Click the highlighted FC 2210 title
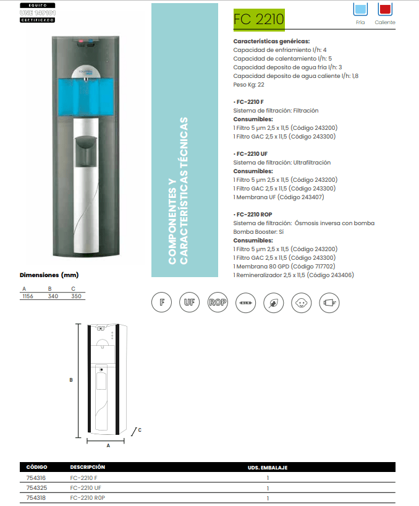(258, 20)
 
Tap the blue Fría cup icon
(360, 9)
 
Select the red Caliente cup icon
(385, 9)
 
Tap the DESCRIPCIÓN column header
(87, 467)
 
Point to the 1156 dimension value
(27, 296)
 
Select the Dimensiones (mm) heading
(49, 275)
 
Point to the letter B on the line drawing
(71, 380)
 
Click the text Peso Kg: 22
(248, 84)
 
